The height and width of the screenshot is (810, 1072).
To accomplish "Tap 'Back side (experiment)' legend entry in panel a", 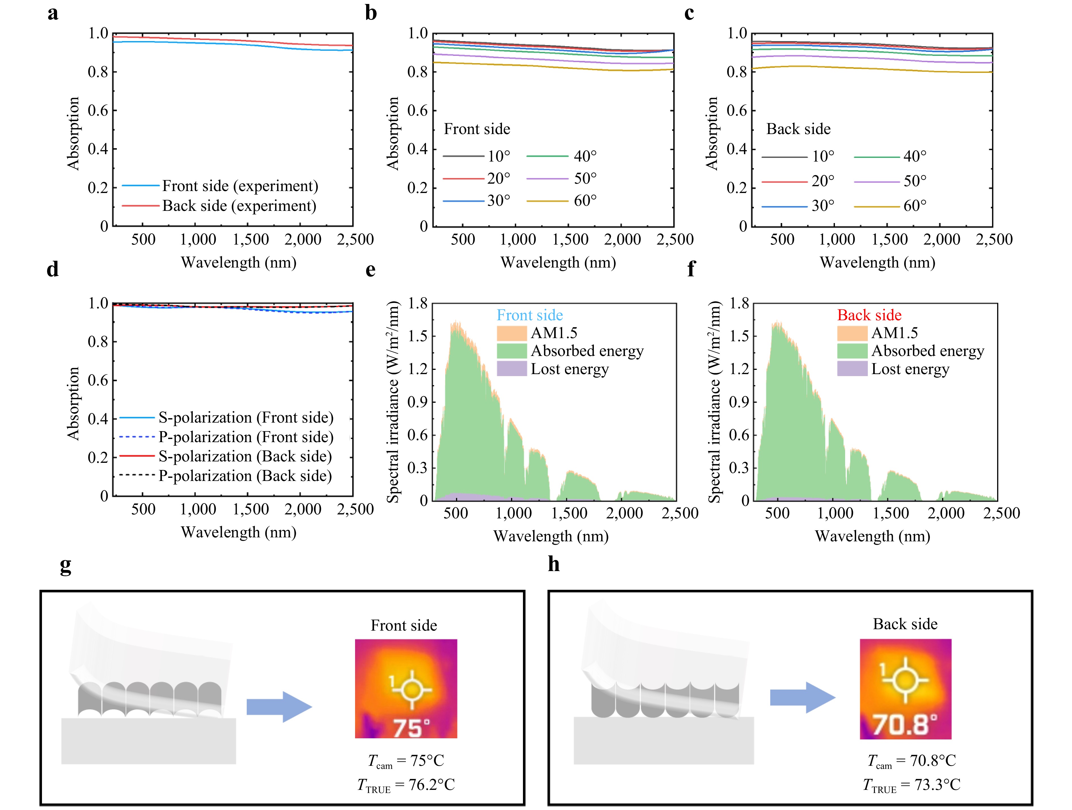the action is pyautogui.click(x=219, y=206).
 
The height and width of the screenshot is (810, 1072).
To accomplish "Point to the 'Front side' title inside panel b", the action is pyautogui.click(x=477, y=129).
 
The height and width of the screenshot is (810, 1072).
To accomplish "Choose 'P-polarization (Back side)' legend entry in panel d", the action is pyautogui.click(x=226, y=476).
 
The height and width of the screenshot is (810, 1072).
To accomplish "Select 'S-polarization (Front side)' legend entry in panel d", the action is pyautogui.click(x=226, y=417).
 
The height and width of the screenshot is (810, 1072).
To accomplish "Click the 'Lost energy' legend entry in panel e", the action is pyautogui.click(x=553, y=369).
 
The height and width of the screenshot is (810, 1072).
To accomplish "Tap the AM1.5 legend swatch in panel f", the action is pyautogui.click(x=852, y=333).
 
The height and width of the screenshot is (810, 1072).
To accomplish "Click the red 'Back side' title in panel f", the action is pyautogui.click(x=870, y=315).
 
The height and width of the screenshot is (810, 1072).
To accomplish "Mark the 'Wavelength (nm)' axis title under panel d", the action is pyautogui.click(x=239, y=533).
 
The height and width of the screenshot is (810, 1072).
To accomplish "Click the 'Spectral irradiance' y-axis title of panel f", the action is pyautogui.click(x=714, y=402).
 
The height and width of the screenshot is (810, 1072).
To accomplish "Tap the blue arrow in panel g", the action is pyautogui.click(x=279, y=707).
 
